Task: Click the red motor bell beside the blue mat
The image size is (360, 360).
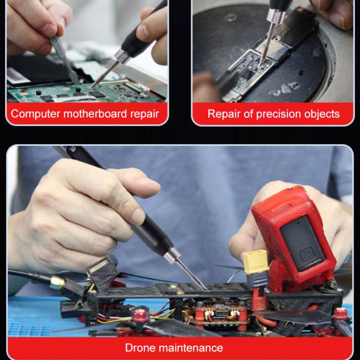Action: click(140, 315)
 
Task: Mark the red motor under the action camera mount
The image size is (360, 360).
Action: click(340, 314)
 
